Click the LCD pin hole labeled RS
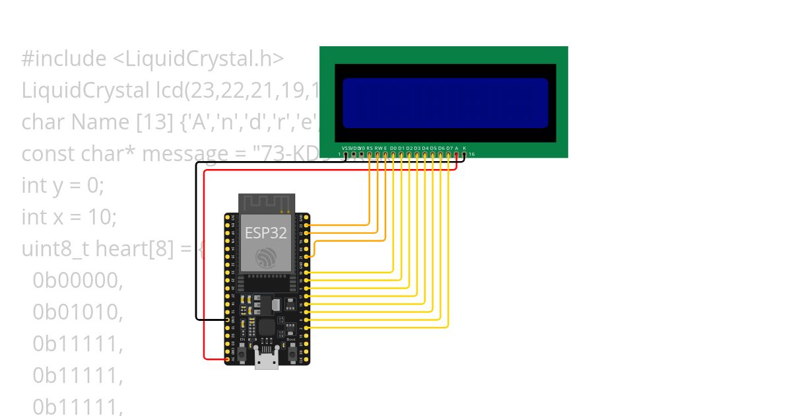(370, 155)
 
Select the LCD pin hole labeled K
(464, 155)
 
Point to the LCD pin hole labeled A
(456, 155)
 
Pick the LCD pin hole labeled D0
(393, 155)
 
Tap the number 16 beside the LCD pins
(471, 155)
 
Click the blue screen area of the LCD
(445, 103)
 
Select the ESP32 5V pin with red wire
(228, 359)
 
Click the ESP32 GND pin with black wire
(228, 320)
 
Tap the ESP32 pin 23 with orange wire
(306, 225)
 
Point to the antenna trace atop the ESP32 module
(266, 202)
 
